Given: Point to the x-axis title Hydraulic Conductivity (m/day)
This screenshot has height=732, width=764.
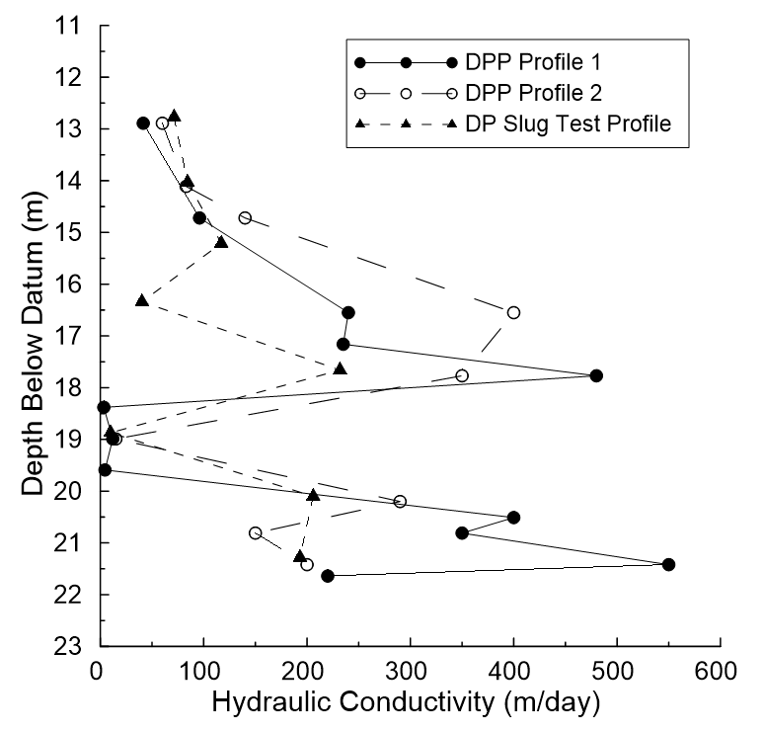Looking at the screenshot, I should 408,704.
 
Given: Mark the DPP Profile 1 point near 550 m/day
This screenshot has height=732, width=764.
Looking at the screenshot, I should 668,564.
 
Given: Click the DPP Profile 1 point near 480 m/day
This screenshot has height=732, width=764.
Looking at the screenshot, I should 596,375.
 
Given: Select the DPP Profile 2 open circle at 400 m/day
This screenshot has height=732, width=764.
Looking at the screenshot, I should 513,312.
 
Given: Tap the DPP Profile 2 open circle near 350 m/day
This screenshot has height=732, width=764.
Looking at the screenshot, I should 462,375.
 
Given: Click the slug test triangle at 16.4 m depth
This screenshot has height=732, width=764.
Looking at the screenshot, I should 142,300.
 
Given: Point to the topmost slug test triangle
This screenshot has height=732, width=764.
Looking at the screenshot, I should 174,116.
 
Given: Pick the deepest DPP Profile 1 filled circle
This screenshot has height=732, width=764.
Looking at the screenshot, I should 328,576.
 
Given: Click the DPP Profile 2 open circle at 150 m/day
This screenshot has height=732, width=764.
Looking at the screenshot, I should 256,532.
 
